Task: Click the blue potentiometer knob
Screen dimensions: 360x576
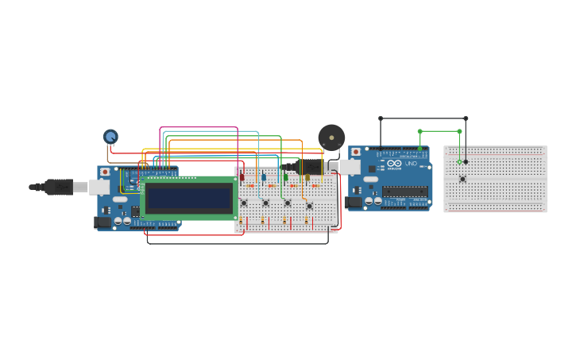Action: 110,137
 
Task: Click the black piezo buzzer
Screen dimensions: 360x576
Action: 331,138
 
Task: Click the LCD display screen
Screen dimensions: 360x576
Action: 189,198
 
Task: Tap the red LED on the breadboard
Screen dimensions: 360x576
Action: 242,177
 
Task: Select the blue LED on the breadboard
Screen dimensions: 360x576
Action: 264,177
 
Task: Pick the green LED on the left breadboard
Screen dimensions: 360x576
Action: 286,177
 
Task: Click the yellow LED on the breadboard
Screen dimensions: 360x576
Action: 307,177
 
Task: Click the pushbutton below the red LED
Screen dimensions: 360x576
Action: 244,203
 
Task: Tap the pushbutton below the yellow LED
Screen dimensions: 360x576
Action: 309,206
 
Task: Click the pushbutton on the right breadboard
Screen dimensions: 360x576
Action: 462,179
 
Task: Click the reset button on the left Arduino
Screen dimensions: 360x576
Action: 105,172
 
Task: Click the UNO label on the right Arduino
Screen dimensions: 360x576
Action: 411,164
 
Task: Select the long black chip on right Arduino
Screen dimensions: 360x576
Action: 405,191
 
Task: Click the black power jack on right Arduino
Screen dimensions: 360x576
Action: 354,203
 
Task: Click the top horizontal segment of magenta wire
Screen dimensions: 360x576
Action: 199,127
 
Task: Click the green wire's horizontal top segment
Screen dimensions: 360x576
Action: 439,131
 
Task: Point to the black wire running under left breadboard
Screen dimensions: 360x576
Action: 238,243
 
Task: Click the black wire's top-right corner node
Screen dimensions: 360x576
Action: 466,118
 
